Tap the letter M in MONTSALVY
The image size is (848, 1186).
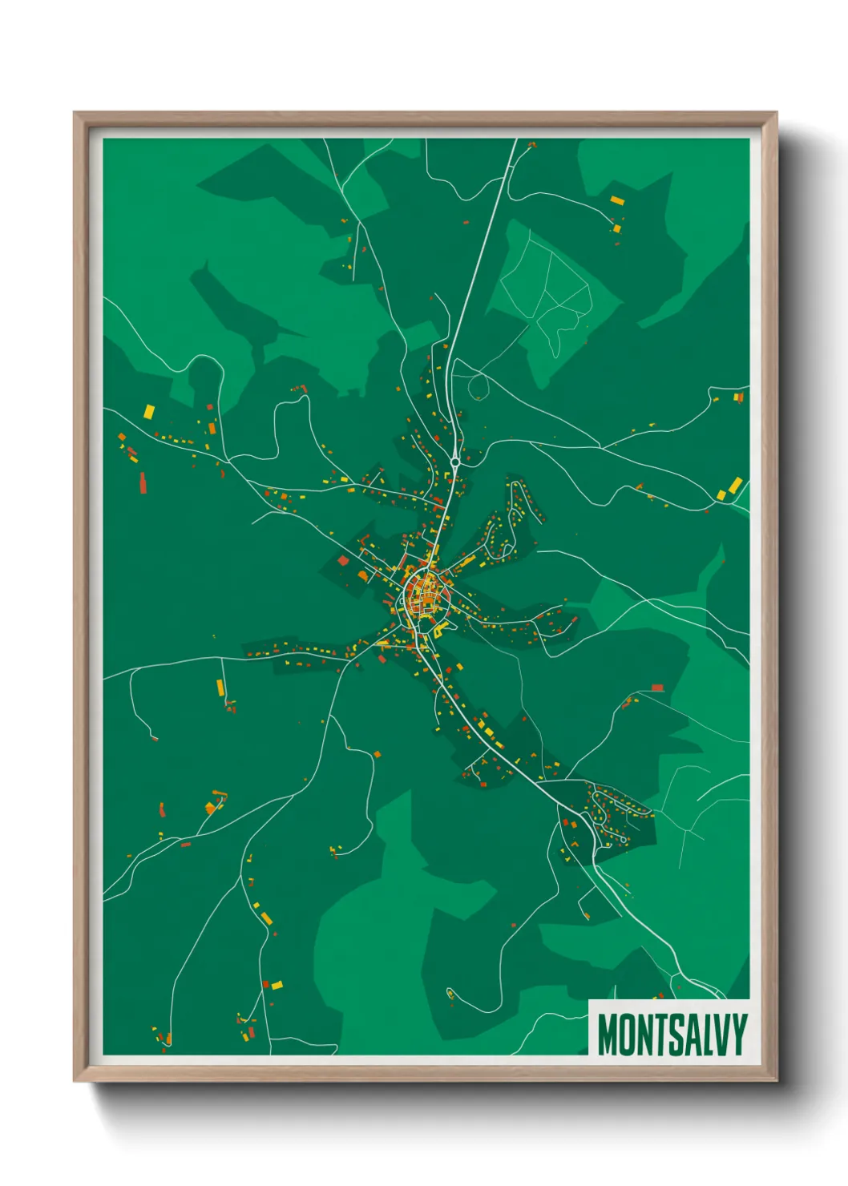[x=607, y=1035]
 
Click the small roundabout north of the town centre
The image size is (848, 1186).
[x=455, y=462]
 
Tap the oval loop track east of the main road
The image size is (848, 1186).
[x=479, y=386]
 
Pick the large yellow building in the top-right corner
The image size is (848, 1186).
[x=616, y=200]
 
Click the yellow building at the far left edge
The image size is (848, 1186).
[x=149, y=411]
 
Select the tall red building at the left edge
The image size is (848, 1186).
[x=143, y=482]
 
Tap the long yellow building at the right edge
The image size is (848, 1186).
[x=734, y=485]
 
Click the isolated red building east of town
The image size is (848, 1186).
[x=657, y=688]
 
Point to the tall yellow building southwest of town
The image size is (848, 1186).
[x=220, y=687]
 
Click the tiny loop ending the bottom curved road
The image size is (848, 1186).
[x=450, y=994]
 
